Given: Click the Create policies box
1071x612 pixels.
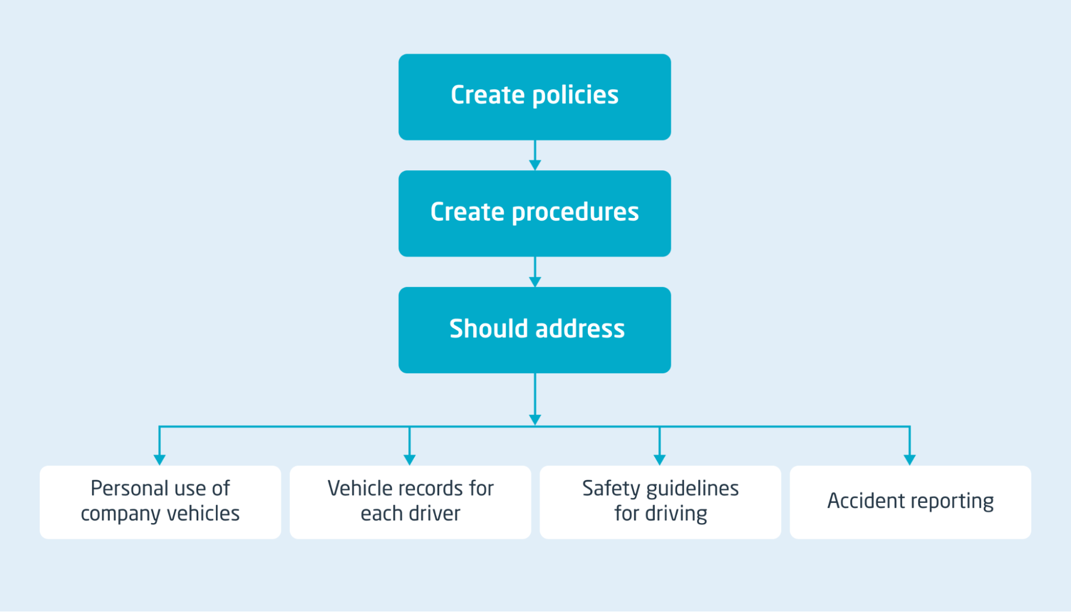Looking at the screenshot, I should (534, 97).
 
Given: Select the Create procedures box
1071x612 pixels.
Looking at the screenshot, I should (534, 213).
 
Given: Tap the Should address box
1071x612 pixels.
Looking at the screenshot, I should (534, 330).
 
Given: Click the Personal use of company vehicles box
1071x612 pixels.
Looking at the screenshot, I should (160, 502).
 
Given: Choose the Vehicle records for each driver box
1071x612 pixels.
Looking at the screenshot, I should (410, 502).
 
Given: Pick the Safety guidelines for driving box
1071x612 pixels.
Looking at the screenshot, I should (660, 502).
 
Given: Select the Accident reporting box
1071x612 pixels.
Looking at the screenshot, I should (910, 502).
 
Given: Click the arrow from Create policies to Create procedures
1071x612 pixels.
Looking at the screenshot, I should (535, 156).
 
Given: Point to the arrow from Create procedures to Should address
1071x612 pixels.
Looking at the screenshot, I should (535, 273).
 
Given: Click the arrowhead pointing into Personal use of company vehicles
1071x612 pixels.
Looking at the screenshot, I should (159, 459).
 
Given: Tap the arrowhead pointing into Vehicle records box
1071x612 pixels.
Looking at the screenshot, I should (409, 459).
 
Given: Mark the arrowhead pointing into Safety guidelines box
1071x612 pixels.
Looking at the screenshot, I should (660, 459).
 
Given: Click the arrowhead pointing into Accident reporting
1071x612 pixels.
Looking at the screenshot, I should (909, 459).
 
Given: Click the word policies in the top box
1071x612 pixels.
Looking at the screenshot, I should (575, 96).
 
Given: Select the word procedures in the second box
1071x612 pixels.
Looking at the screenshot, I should (575, 213).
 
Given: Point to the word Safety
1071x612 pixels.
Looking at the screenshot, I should (611, 489).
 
